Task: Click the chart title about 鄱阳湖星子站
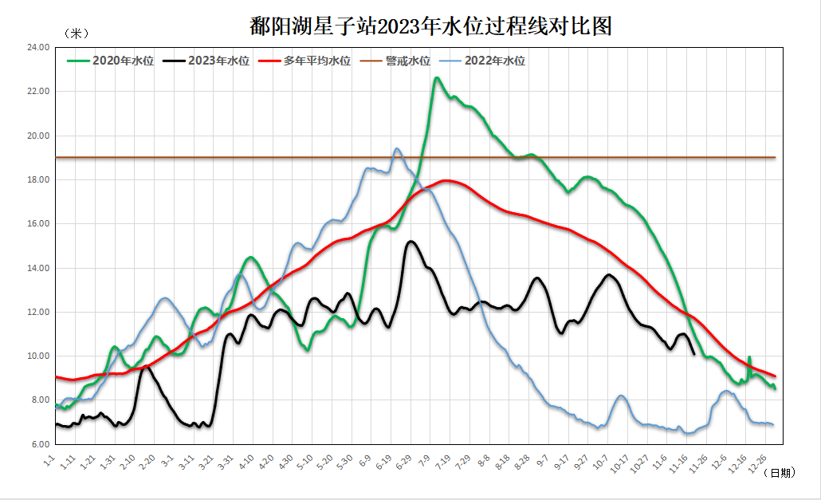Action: tap(430, 26)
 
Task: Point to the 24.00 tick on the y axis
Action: tap(38, 47)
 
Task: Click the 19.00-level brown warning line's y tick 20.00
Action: tap(38, 136)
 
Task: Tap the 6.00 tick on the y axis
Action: tap(38, 443)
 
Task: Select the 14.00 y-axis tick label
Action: tap(38, 268)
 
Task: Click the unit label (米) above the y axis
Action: tap(77, 33)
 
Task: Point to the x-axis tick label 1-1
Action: tap(49, 460)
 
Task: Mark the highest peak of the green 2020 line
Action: tap(437, 77)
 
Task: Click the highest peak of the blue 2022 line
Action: tap(397, 148)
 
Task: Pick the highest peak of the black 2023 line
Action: tap(411, 241)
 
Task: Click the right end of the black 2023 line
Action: tap(694, 354)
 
